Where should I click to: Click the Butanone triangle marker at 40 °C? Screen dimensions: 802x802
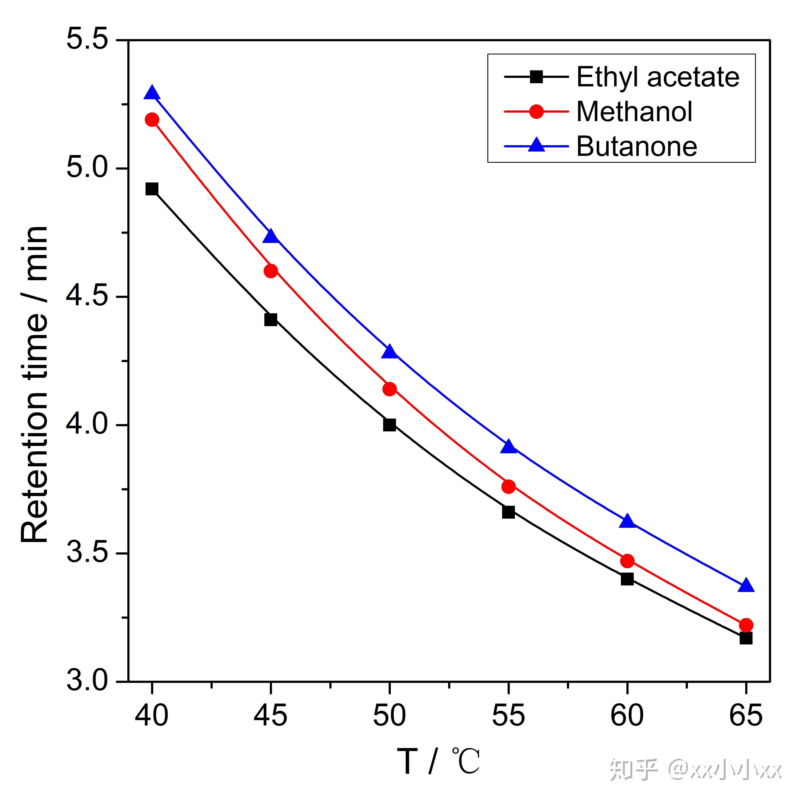point(152,93)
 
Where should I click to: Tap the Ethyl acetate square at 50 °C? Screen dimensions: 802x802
point(389,425)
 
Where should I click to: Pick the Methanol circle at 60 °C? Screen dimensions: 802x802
point(627,561)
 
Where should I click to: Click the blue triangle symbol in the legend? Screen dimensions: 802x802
point(536,145)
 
